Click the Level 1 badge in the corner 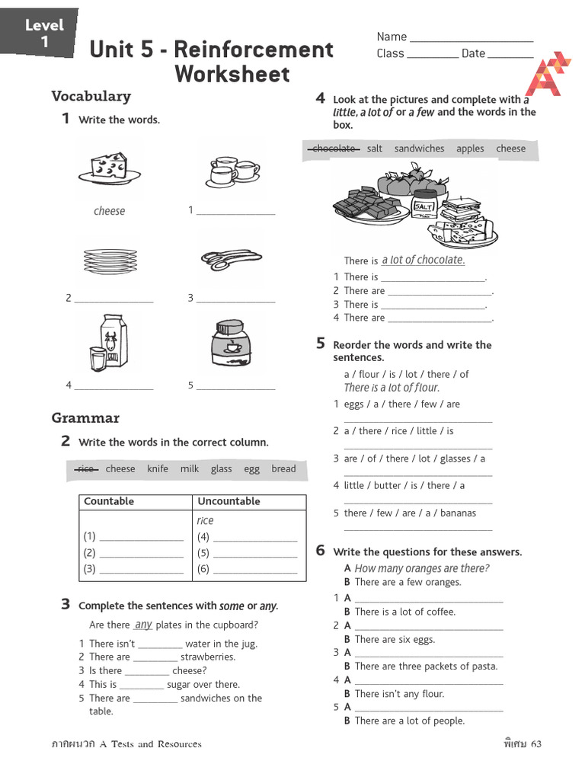43,34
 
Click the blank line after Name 472,39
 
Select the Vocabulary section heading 91,96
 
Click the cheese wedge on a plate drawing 109,168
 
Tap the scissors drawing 232,259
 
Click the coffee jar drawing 231,344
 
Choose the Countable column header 109,501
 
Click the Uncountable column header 229,501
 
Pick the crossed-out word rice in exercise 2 86,469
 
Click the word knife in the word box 158,469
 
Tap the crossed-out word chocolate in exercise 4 334,149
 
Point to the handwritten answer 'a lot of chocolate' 423,260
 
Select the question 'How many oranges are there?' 421,568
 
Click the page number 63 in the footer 536,743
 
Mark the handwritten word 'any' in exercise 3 143,625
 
